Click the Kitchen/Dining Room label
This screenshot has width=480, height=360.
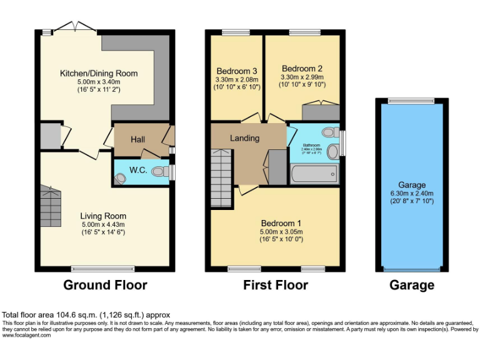point(98,74)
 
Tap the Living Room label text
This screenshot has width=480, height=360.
point(103,216)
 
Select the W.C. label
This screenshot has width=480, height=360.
point(138,170)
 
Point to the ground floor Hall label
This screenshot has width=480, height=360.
point(138,139)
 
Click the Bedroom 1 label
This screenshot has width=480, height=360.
point(281,223)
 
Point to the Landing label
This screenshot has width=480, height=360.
point(244,137)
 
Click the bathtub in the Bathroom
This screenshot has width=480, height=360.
point(314,173)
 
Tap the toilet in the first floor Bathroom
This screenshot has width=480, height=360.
point(332,151)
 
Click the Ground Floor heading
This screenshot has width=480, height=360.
point(105,286)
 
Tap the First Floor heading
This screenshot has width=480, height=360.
point(276,286)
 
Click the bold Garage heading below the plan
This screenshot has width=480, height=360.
point(412,286)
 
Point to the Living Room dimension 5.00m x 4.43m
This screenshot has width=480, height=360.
point(103,224)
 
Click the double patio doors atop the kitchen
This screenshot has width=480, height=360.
point(75,27)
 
